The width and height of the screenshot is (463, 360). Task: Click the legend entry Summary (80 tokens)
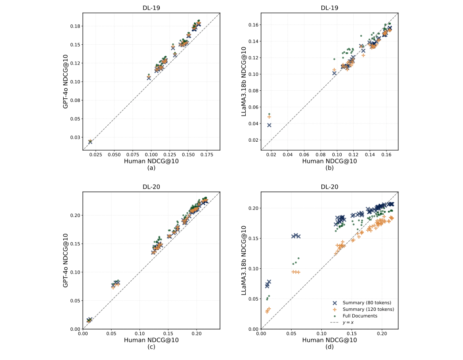coord(367,302)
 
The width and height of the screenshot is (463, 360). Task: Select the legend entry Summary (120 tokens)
coord(368,309)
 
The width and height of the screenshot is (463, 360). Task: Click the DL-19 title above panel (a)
coord(151,8)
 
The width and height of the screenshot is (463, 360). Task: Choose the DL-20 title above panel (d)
coord(329,187)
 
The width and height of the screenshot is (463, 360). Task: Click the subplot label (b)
coord(329,168)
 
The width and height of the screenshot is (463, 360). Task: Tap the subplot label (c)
coord(151,347)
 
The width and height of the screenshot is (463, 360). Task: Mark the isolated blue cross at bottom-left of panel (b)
coord(269,125)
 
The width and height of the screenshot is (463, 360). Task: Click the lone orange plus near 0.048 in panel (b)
coord(269,117)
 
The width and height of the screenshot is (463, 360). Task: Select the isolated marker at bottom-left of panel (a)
coord(90,142)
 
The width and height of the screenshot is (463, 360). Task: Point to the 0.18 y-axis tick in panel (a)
coord(75,26)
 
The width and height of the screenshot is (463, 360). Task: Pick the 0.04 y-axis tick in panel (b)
coord(253,124)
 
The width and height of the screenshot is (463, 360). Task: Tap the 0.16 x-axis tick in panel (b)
coord(386,155)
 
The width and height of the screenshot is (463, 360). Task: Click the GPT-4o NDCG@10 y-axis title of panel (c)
coord(66,260)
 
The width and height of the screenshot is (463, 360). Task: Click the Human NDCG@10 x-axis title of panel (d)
coord(329,340)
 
